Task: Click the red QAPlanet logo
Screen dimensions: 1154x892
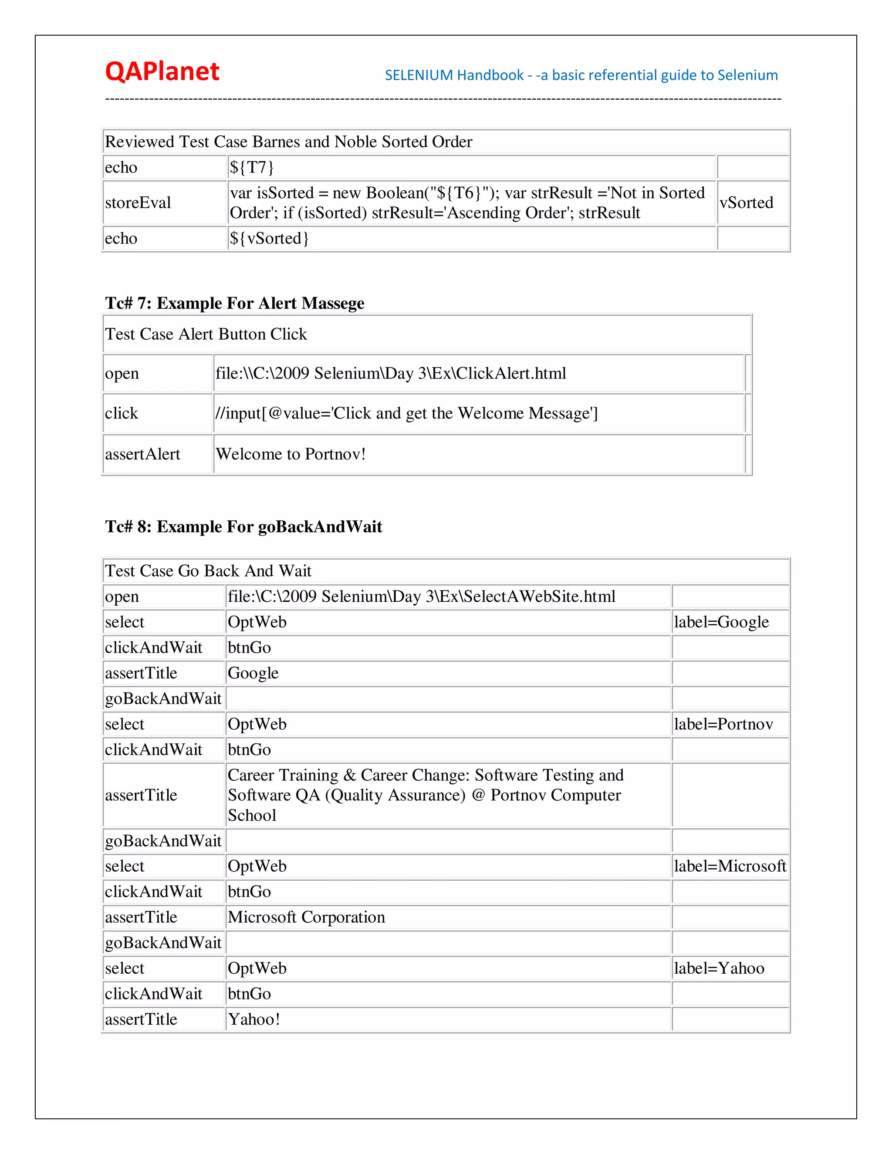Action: point(162,72)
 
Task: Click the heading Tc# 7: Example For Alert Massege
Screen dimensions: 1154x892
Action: point(235,303)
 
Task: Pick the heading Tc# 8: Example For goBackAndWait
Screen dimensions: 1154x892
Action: point(243,527)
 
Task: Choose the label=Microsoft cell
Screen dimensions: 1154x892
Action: point(730,867)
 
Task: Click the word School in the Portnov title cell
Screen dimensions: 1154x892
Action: point(252,816)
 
